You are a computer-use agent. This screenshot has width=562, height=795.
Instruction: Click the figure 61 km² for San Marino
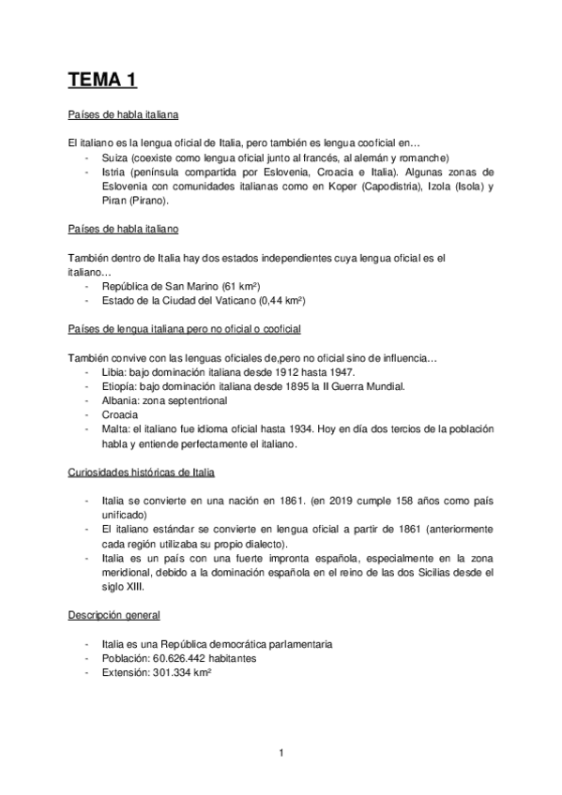240,286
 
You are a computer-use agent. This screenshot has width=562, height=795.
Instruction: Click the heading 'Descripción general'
114,616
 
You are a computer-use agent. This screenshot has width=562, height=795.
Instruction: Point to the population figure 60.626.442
192,659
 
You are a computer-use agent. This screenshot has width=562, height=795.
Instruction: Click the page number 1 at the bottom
281,752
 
